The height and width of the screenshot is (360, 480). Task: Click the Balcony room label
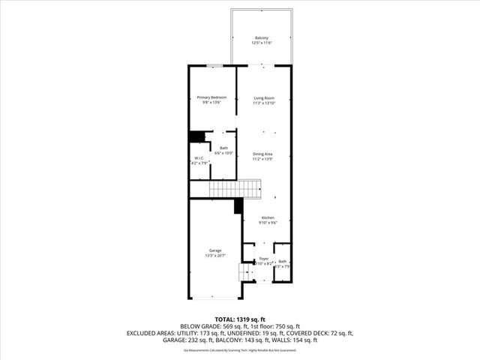(262, 37)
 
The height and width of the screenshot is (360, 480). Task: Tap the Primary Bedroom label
(211, 97)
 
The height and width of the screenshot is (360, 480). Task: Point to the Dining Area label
(262, 154)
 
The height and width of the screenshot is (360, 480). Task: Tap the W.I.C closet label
(199, 158)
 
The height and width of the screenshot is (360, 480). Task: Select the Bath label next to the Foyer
(282, 261)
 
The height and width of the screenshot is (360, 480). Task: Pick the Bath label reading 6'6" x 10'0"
(223, 148)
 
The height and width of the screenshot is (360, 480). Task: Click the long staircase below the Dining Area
(234, 187)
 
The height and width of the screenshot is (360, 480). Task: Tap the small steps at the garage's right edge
(245, 271)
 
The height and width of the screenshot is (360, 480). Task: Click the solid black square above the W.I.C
(197, 136)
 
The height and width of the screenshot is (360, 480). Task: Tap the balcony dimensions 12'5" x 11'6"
(262, 43)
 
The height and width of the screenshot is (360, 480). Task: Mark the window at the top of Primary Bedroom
(213, 66)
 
